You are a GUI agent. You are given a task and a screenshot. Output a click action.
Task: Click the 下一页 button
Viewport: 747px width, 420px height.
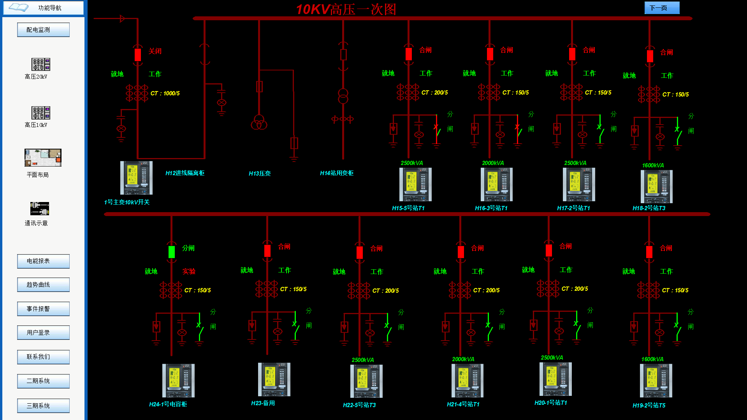(662, 8)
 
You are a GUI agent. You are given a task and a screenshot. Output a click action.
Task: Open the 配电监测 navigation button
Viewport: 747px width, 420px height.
(43, 30)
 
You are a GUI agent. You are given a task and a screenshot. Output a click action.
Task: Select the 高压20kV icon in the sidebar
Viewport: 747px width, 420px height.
(41, 64)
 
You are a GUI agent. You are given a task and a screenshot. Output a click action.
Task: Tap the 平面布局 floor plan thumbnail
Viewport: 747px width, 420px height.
(43, 158)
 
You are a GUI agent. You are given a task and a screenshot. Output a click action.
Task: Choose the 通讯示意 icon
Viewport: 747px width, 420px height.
(40, 209)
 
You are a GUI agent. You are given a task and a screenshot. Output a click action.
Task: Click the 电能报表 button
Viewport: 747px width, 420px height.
(43, 261)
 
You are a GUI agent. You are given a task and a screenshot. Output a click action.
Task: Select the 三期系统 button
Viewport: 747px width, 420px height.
(43, 406)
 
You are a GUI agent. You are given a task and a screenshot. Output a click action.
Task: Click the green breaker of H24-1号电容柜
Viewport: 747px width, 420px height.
(172, 252)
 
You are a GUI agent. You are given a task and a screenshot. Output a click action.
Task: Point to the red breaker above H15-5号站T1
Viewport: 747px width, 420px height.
(408, 54)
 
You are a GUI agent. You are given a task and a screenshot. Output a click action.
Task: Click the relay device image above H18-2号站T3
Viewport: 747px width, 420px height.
(656, 186)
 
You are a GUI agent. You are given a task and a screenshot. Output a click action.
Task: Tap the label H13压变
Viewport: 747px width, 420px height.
(260, 174)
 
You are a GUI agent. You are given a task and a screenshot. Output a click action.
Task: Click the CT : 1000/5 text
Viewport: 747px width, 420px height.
(165, 93)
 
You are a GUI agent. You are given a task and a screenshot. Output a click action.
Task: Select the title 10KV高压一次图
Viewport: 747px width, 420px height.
(346, 9)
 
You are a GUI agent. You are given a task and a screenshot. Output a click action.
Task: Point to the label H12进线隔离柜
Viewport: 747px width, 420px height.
(185, 173)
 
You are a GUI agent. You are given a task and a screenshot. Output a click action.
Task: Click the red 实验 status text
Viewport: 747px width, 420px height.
(189, 271)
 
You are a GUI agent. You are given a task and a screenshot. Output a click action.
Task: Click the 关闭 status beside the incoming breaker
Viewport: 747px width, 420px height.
(155, 51)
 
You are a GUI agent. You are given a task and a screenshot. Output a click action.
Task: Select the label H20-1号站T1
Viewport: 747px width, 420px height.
(551, 403)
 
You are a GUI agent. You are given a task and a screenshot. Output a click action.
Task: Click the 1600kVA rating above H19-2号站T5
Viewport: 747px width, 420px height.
(652, 359)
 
